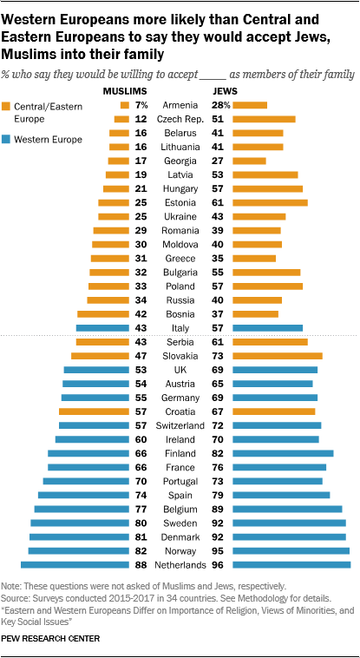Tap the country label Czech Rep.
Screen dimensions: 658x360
(180, 119)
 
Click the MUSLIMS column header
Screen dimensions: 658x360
(125, 90)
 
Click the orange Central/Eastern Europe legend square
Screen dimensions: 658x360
(9, 106)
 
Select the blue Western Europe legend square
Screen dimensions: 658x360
(9, 139)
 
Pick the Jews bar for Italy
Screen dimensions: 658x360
(268, 328)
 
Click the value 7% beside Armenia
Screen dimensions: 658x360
(140, 105)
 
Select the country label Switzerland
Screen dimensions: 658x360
(180, 425)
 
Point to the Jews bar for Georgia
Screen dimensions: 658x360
(250, 161)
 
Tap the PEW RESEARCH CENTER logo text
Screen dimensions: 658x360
(50, 638)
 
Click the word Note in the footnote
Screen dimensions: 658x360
(13, 588)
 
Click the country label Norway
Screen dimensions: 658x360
(180, 550)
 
